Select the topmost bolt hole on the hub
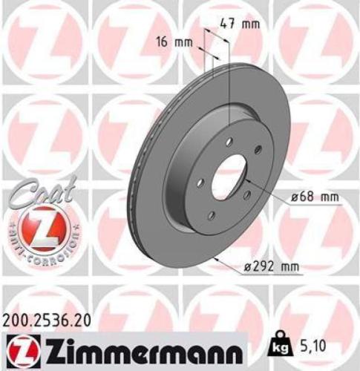tap(229, 142)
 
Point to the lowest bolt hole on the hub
tap(212, 215)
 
